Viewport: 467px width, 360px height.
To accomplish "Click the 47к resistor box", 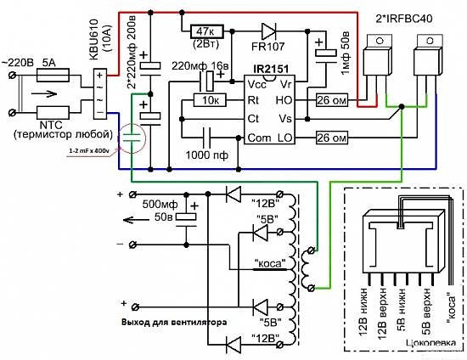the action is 206,31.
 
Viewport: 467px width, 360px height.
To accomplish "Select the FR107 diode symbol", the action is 268,31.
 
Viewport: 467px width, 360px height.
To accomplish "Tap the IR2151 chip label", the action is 271,70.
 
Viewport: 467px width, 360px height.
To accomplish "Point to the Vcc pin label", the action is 256,85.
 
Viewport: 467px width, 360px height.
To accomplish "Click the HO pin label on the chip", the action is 284,100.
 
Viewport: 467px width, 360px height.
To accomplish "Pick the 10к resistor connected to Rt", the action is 210,100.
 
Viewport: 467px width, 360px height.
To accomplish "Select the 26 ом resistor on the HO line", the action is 331,100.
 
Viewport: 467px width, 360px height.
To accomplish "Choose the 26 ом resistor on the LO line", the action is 331,138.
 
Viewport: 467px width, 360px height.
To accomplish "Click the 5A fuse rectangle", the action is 53,76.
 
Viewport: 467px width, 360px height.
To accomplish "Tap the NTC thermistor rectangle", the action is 53,113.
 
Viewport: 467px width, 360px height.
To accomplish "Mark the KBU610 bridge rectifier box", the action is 100,93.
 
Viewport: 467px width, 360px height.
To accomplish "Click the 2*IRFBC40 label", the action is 404,19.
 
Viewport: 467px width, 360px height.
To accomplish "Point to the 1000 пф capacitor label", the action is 207,155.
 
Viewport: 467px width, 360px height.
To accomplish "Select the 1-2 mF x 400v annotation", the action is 89,151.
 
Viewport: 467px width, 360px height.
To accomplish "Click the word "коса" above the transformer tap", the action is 270,263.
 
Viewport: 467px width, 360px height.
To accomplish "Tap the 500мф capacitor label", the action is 160,205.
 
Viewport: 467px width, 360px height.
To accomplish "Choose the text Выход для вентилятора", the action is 174,322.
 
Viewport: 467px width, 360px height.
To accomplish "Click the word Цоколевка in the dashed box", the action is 430,343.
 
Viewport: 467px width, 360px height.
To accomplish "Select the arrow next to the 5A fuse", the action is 44,94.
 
